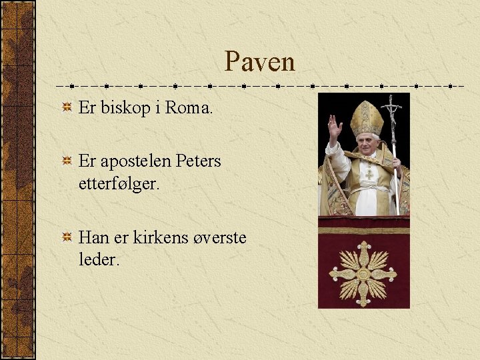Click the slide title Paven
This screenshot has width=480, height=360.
tap(259, 62)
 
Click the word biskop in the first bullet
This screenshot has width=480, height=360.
tap(121, 108)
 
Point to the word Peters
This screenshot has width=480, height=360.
tap(199, 161)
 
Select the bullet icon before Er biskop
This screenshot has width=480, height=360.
tap(67, 108)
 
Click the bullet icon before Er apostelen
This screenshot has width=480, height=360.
tap(67, 161)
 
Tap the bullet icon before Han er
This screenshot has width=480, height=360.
tap(67, 237)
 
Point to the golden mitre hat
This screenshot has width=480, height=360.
tap(367, 118)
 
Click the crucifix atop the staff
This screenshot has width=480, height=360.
tap(391, 106)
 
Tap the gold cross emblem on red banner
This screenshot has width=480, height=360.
tap(363, 273)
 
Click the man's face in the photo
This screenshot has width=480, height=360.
tap(367, 143)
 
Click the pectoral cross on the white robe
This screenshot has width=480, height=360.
tap(369, 175)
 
